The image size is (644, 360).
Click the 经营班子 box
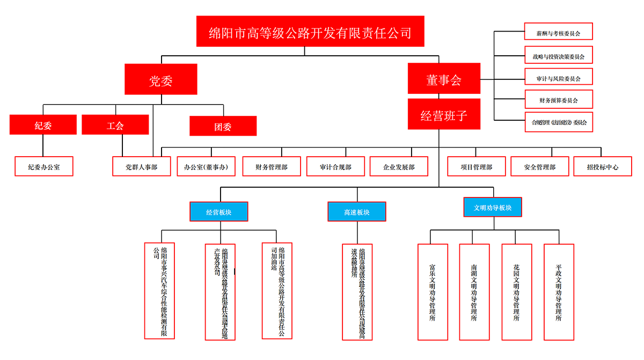[444, 114]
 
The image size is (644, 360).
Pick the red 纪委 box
[43, 125]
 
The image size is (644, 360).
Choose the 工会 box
[115, 125]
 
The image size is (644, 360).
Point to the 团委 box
[223, 126]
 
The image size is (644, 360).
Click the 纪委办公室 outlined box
[44, 166]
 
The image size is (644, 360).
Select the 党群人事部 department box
[141, 166]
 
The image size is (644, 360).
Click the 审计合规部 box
[335, 166]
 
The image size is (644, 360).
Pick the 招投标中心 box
[602, 166]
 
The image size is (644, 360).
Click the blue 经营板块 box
[218, 211]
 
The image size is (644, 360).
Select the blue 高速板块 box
[357, 211]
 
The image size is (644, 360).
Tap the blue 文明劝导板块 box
[493, 207]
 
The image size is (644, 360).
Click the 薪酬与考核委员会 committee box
[558, 33]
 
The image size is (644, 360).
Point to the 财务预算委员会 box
[558, 100]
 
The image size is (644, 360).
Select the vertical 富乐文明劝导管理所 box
[433, 291]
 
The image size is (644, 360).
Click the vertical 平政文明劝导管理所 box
[559, 291]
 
